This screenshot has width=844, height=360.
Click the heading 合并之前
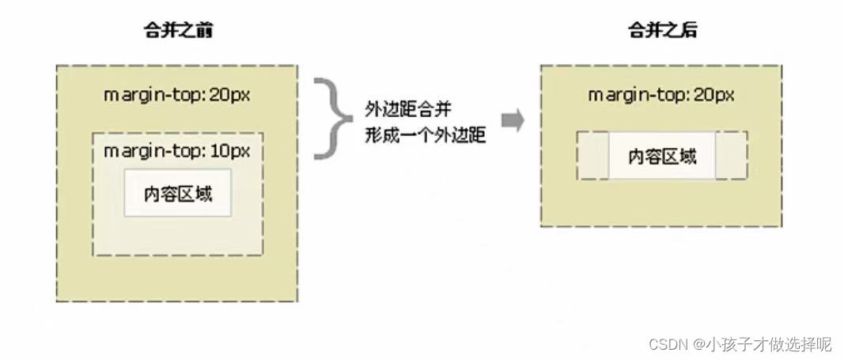click(177, 32)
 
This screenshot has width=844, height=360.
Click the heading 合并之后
click(662, 32)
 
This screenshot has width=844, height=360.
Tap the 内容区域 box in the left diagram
click(178, 193)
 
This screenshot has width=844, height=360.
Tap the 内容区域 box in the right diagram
click(662, 156)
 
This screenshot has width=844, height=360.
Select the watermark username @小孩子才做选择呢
click(763, 344)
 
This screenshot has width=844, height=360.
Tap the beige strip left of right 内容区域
click(593, 156)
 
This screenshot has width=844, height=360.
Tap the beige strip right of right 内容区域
click(731, 156)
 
